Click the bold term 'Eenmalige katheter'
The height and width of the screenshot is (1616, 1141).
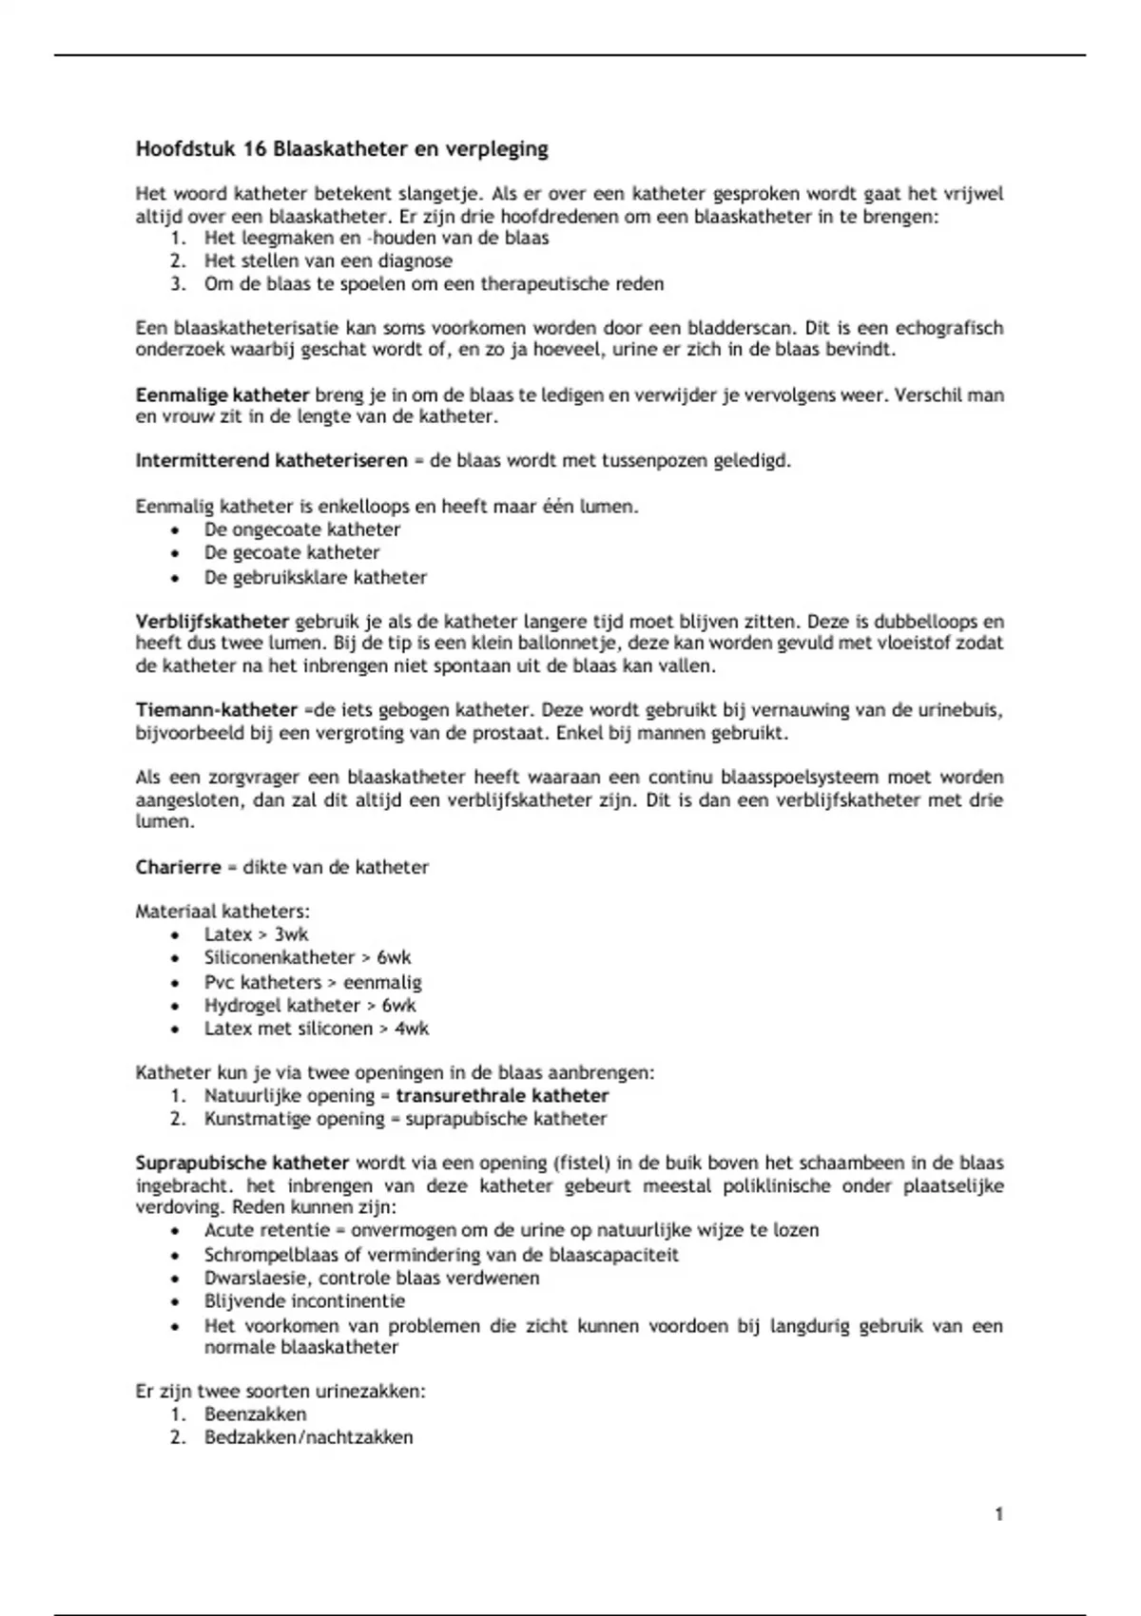(222, 394)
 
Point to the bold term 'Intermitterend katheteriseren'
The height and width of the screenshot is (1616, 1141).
(271, 461)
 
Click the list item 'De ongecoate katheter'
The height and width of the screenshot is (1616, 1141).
(302, 529)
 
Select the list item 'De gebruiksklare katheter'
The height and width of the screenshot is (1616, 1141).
(315, 577)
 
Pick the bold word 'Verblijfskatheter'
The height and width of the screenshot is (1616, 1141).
(212, 622)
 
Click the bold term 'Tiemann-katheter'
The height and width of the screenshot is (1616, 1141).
(217, 710)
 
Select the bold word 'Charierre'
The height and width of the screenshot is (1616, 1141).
(178, 867)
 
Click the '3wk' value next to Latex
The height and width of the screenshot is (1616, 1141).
(292, 934)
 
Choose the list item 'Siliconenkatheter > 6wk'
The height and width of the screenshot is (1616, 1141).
(307, 957)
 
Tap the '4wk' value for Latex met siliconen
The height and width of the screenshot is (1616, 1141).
(412, 1029)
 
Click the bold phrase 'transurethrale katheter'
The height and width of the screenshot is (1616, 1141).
(502, 1096)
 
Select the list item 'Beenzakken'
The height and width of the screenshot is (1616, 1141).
(255, 1414)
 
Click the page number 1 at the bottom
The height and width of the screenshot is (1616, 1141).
(999, 1514)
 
